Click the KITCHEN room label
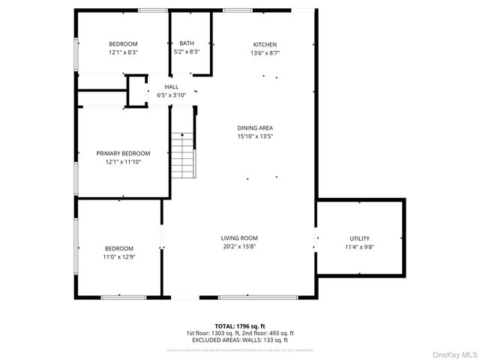(x=265, y=44)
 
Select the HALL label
(x=171, y=87)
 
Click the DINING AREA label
(x=255, y=128)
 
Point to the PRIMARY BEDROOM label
(x=123, y=153)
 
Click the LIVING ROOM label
(x=239, y=238)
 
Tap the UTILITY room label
(x=359, y=238)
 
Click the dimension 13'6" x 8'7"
(x=265, y=53)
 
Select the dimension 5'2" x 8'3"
(x=186, y=52)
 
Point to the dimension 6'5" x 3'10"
(x=171, y=95)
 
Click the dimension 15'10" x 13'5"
(x=255, y=136)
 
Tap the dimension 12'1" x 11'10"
(x=123, y=161)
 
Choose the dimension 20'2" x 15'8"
(x=239, y=247)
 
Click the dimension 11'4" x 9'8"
(x=359, y=247)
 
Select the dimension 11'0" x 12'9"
(x=119, y=256)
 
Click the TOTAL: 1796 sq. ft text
(x=239, y=325)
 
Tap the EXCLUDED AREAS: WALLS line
(x=239, y=340)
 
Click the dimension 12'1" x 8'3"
(x=123, y=52)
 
